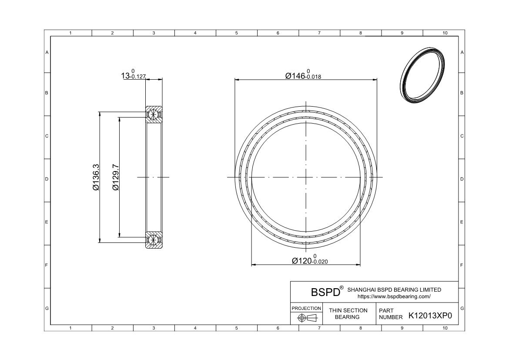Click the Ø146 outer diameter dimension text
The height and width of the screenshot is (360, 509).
click(303, 75)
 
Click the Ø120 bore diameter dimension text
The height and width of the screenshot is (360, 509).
click(309, 260)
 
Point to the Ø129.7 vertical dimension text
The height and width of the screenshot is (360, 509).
click(115, 177)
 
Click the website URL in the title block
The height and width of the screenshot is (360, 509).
click(394, 296)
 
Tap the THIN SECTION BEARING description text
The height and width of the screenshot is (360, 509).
click(348, 313)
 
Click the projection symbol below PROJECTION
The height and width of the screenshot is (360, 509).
click(306, 318)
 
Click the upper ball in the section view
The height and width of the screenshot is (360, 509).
click(153, 114)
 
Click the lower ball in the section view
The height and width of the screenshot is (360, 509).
click(153, 240)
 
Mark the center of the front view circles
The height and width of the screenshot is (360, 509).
click(306, 177)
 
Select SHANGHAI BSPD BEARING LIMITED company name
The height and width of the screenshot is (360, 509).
click(395, 289)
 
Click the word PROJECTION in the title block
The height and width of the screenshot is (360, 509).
click(306, 308)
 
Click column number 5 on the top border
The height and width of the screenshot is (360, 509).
click(236, 33)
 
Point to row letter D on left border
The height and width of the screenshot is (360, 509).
click(47, 179)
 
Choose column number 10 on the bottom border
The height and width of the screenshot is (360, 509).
click(444, 328)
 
